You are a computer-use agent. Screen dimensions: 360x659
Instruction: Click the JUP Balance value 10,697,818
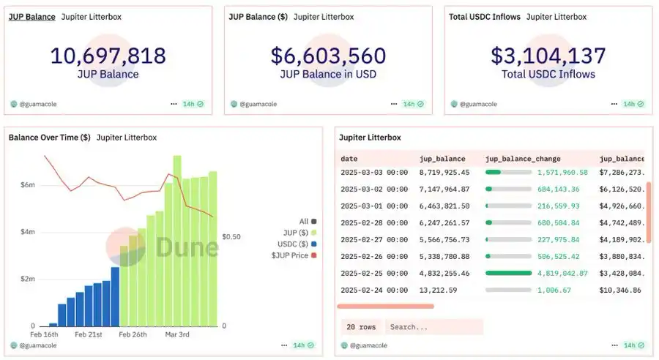(108, 56)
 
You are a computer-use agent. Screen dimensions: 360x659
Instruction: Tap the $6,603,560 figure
(327, 56)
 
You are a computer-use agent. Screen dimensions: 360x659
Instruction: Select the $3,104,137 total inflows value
(548, 56)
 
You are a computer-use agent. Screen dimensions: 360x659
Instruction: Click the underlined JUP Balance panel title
(31, 16)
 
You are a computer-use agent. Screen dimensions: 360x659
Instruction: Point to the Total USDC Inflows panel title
(484, 16)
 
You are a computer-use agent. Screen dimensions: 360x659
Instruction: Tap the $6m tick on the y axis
(27, 185)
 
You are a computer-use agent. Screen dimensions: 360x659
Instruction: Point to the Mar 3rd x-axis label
(177, 334)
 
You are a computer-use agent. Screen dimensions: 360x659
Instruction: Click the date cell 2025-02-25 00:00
(374, 272)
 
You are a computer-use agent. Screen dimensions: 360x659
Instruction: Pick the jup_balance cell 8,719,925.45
(444, 172)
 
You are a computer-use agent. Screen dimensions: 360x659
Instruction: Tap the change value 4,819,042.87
(562, 272)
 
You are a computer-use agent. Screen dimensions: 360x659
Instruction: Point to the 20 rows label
(360, 326)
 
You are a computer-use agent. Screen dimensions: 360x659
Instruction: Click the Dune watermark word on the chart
(187, 247)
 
